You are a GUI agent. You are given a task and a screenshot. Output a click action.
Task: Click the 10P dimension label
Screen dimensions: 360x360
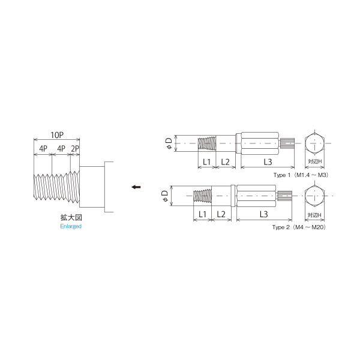pyautogui.click(x=58, y=136)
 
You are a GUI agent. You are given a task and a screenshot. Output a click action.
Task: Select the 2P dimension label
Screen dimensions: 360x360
pyautogui.click(x=74, y=148)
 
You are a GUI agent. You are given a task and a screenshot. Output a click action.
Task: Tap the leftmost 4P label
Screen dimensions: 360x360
pyautogui.click(x=43, y=148)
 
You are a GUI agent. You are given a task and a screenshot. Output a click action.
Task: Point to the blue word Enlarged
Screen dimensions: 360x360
pyautogui.click(x=70, y=226)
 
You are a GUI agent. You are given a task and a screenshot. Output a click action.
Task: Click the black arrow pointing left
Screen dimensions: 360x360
pyautogui.click(x=136, y=187)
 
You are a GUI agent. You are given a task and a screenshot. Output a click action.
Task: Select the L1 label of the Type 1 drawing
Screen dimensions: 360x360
pyautogui.click(x=206, y=162)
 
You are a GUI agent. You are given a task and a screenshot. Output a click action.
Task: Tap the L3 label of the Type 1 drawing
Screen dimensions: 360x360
pyautogui.click(x=267, y=162)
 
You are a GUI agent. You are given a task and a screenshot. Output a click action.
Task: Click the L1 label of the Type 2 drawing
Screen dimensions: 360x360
pyautogui.click(x=202, y=214)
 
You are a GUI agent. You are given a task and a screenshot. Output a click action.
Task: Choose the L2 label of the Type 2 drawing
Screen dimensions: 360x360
pyautogui.click(x=221, y=214)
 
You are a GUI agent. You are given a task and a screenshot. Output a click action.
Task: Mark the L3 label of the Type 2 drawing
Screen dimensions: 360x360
pyautogui.click(x=263, y=214)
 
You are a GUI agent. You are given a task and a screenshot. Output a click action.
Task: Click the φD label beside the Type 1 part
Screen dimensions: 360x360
pyautogui.click(x=170, y=143)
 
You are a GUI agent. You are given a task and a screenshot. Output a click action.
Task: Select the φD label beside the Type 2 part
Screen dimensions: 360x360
pyautogui.click(x=166, y=195)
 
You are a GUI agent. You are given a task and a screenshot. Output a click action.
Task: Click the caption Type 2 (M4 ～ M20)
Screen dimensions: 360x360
pyautogui.click(x=298, y=227)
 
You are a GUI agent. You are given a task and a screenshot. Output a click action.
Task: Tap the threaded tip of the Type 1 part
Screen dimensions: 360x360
pyautogui.click(x=208, y=143)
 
